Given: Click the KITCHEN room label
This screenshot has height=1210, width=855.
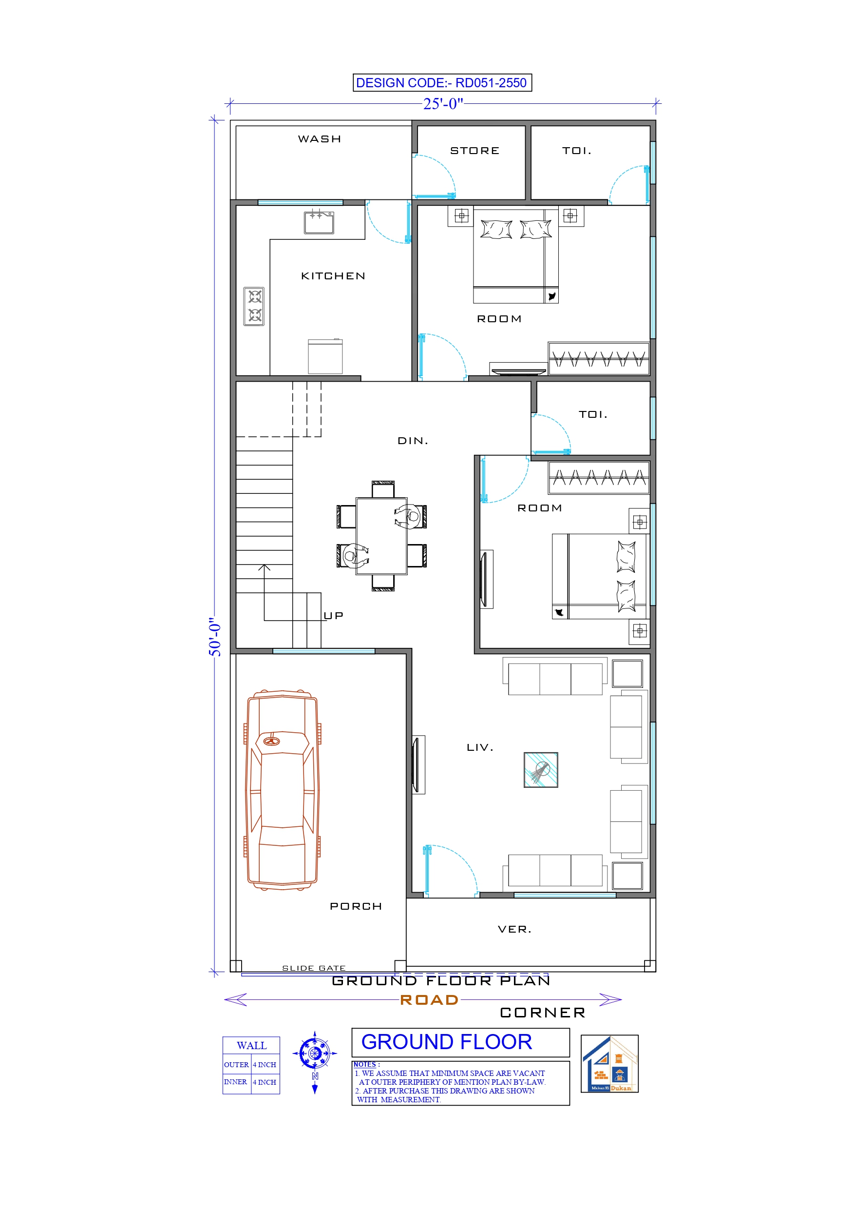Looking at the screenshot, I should [333, 276].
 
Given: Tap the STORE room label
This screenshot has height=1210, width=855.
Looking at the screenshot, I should [475, 151].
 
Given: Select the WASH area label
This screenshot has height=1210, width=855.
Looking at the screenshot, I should [319, 139].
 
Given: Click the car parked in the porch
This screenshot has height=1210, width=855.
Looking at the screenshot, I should [283, 790].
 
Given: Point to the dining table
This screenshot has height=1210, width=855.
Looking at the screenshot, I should [381, 535].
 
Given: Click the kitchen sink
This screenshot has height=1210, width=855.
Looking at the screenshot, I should [319, 222].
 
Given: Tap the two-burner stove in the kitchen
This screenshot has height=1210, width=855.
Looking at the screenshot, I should [254, 306].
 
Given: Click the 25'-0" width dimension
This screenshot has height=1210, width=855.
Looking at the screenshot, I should [443, 104].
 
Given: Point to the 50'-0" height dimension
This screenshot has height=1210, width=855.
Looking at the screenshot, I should [215, 637].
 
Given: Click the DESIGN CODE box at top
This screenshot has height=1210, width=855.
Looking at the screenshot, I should [441, 83].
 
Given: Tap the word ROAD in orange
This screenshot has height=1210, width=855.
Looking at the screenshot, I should [429, 1000].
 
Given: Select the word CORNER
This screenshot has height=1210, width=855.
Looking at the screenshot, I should [542, 1013].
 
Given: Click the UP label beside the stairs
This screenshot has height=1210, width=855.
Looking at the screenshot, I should [333, 616].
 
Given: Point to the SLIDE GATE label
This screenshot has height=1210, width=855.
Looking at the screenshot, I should [313, 968].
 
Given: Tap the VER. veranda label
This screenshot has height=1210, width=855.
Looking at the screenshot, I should [514, 930].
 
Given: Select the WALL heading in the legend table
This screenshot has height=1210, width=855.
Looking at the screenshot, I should [251, 1046].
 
